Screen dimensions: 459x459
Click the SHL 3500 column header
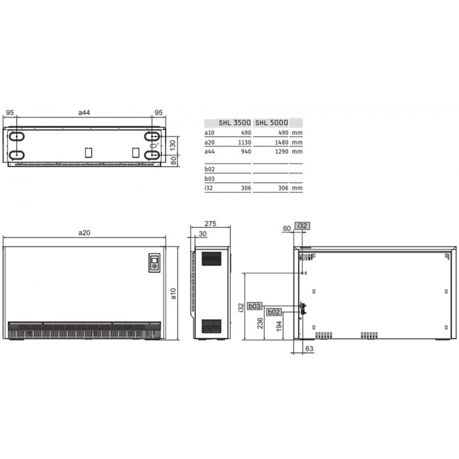coord(235,123)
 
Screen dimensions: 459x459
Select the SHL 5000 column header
coord(271,123)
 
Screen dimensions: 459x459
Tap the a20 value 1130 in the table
coord(244,142)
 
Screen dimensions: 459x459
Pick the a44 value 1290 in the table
coord(282,151)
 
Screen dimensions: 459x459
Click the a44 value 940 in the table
coord(246,151)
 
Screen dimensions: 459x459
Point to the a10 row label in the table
coord(209,133)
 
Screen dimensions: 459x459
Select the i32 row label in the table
coord(208,188)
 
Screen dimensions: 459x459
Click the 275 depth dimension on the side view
coord(210,224)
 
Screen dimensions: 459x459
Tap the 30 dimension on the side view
coord(203,234)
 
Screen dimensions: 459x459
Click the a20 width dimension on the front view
coord(84,233)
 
